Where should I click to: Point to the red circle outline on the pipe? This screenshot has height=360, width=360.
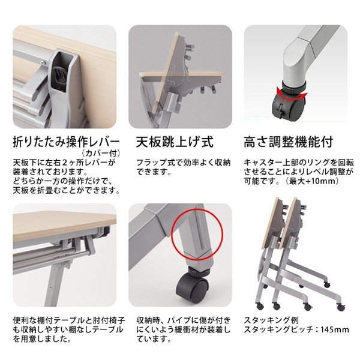coord(193,236)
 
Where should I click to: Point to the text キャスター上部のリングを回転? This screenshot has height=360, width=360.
coord(295,162)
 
